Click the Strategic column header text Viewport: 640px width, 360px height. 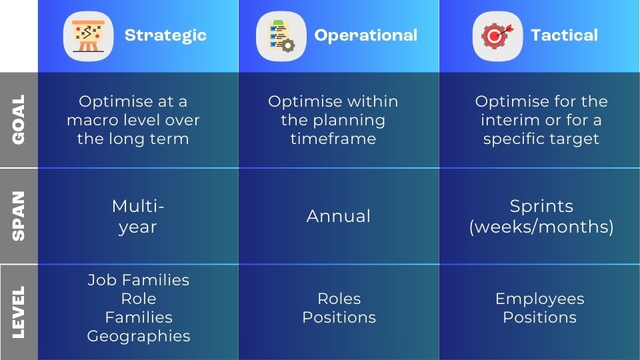165,35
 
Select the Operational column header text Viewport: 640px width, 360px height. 365,35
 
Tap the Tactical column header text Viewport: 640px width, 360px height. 564,35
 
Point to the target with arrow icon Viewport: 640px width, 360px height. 497,36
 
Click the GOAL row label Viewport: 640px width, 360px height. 19,119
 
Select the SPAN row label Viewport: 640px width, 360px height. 19,216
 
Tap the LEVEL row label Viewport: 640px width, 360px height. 19,311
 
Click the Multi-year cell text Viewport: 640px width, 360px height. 138,216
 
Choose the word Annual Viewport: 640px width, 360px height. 339,216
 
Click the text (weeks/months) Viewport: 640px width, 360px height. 541,227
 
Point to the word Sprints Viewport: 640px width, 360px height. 541,206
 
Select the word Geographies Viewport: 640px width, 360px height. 138,336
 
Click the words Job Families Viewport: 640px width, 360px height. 138,280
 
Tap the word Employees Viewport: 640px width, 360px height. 539,299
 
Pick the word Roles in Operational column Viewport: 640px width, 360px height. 339,299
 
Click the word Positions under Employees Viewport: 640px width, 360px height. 539,317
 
